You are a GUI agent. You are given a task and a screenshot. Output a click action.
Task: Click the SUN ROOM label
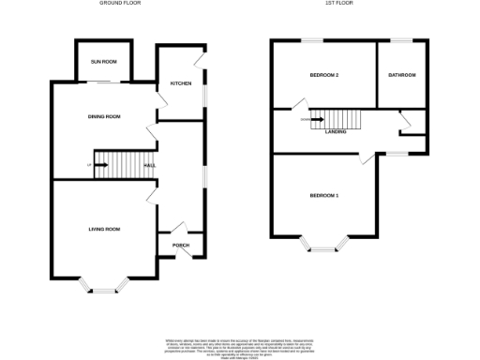pyautogui.click(x=103, y=61)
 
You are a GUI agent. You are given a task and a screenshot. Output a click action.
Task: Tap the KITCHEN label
pyautogui.click(x=181, y=84)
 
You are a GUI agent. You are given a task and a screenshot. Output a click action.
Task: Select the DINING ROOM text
pyautogui.click(x=105, y=116)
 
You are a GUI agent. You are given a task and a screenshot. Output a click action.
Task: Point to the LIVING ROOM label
pyautogui.click(x=104, y=229)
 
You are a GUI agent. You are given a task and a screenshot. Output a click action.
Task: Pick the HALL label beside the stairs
pyautogui.click(x=150, y=166)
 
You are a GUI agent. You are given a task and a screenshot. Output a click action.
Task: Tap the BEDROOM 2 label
pyautogui.click(x=323, y=74)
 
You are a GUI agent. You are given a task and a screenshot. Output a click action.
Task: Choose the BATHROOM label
pyautogui.click(x=402, y=74)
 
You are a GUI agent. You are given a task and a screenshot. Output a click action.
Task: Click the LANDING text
pyautogui.click(x=337, y=132)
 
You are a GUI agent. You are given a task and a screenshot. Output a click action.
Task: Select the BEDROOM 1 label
pyautogui.click(x=324, y=195)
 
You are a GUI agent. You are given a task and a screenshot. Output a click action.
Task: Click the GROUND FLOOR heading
pyautogui.click(x=121, y=4)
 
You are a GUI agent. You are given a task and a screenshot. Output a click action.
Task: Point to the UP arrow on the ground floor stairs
pyautogui.click(x=99, y=166)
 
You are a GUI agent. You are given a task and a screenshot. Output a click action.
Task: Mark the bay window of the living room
pyautogui.click(x=99, y=285)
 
